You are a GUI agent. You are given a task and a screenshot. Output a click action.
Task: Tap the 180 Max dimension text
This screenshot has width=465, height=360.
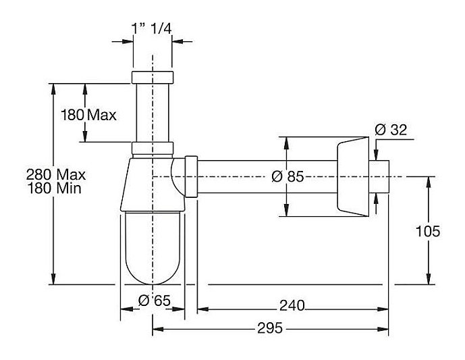tap(88, 115)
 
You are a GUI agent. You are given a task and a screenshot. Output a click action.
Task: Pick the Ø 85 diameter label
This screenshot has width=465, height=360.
tap(287, 177)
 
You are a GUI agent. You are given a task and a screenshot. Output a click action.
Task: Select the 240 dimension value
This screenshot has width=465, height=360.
tap(292, 305)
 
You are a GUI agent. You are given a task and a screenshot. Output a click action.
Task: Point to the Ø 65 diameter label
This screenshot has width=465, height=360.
tap(153, 301)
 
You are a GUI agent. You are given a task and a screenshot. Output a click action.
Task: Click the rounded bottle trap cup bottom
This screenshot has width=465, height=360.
tap(153, 250)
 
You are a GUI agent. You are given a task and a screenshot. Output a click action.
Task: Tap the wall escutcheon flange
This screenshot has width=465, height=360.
tap(352, 177)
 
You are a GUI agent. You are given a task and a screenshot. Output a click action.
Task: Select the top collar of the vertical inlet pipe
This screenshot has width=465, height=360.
tap(153, 76)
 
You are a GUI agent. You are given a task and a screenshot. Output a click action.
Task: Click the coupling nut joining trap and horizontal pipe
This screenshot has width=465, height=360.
tap(192, 177)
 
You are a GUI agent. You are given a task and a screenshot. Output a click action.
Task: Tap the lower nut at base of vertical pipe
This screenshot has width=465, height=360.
tap(153, 149)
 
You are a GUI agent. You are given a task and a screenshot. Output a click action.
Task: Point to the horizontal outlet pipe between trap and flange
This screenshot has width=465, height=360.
tap(267, 177)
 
